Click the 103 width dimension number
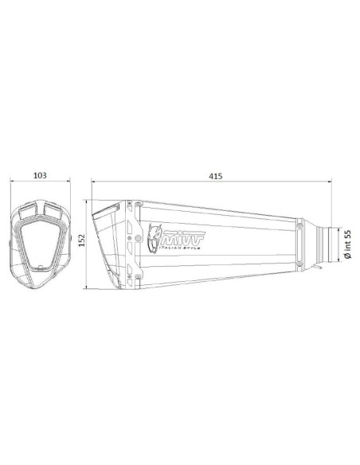coord(40,175)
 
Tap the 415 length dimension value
coord(215,176)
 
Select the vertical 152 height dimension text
coord(81,240)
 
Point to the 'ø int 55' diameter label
coord(347,244)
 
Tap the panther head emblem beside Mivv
coord(155,238)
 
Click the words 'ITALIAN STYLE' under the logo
coord(180,247)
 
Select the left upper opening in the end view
coord(28,212)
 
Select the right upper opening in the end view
coord(53,211)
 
